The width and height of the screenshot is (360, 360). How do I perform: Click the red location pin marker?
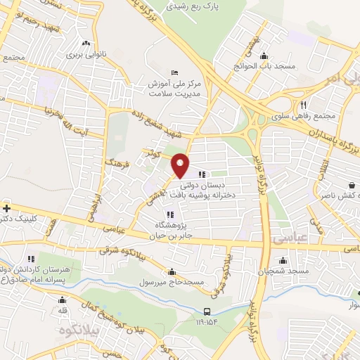181,165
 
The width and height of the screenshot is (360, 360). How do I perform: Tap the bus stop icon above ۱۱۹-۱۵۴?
207,311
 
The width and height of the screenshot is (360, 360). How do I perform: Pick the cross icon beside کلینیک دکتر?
6,208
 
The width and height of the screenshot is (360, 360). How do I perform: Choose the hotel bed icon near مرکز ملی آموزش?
175,72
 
